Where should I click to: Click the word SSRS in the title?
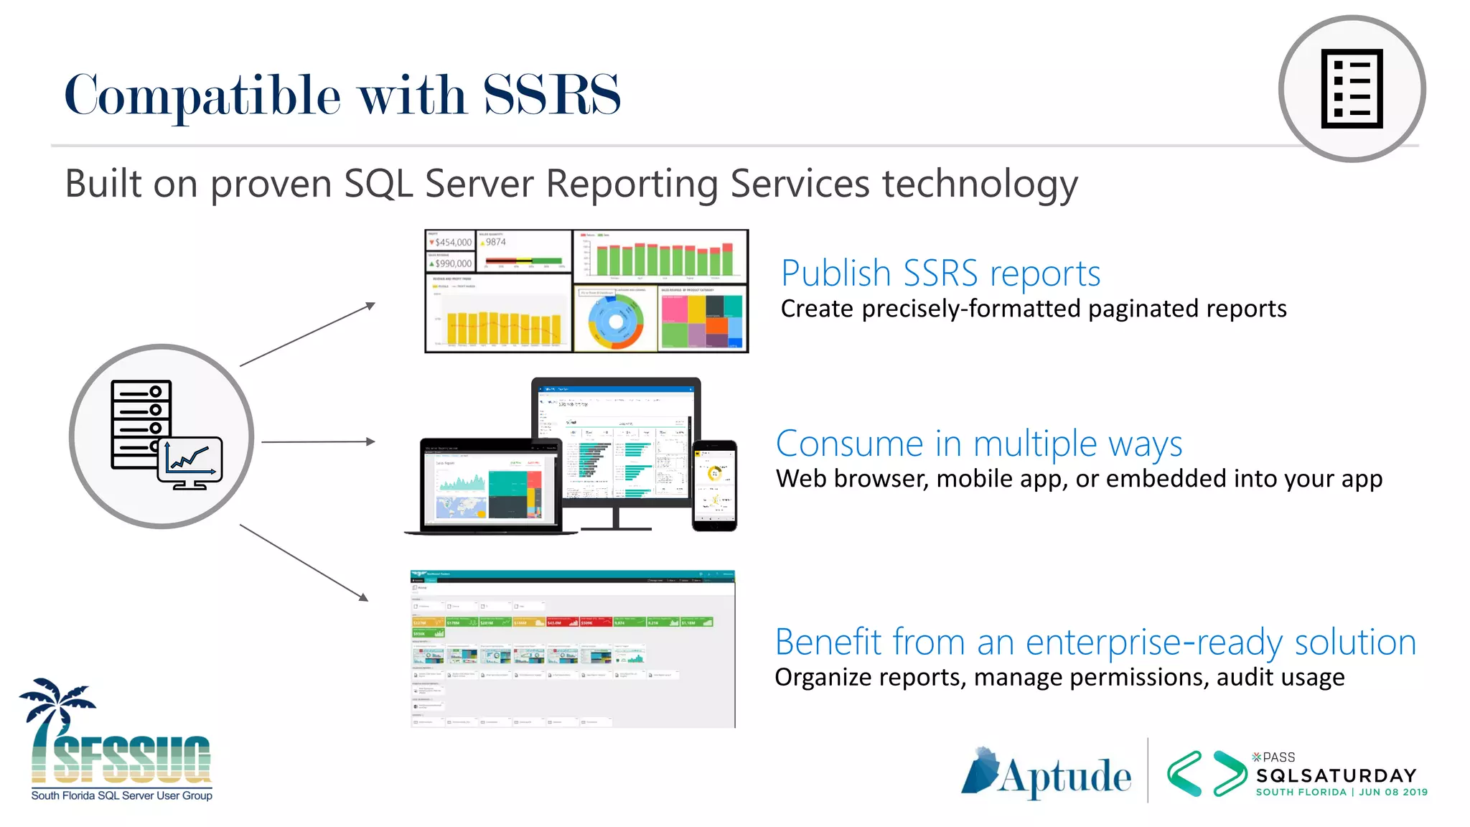click(551, 95)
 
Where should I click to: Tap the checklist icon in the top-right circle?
click(1352, 89)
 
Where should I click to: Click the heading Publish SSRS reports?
click(940, 274)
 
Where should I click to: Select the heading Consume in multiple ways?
click(979, 444)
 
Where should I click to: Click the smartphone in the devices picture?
click(714, 485)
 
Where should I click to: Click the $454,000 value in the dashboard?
click(453, 243)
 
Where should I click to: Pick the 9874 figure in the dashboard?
click(495, 242)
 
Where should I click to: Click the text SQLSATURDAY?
click(1336, 775)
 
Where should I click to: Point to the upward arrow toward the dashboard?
click(308, 335)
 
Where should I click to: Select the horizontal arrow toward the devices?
click(318, 441)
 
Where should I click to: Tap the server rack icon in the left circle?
click(141, 424)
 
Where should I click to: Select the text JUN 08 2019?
click(1392, 793)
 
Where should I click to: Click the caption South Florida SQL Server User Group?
click(121, 795)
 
